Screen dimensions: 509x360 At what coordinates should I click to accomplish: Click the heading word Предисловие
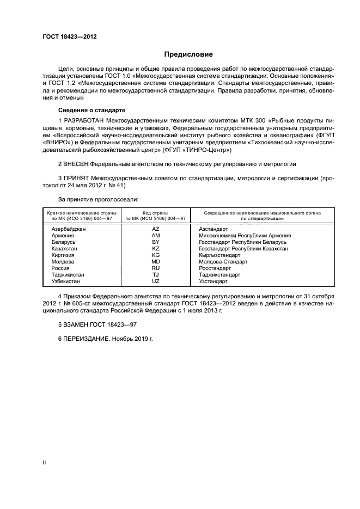tap(188, 54)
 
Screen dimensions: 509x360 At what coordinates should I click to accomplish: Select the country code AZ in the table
tap(156, 229)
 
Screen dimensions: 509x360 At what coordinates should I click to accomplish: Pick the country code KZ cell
tap(156, 248)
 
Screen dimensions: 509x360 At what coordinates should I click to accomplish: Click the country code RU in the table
tap(156, 268)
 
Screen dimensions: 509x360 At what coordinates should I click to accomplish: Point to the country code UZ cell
tap(156, 281)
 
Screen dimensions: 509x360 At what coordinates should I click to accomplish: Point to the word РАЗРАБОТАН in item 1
tap(86, 120)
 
